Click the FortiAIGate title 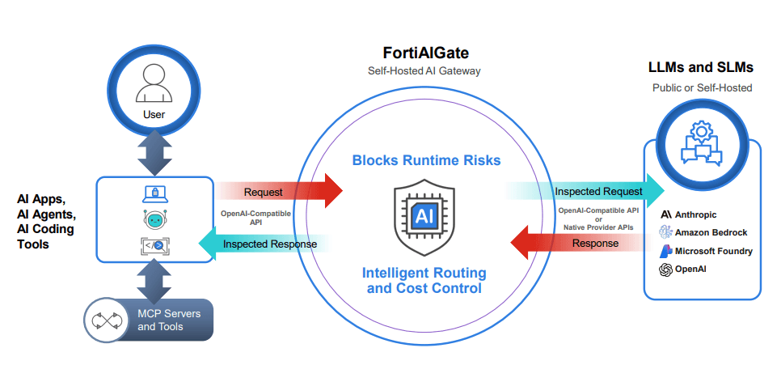coord(425,53)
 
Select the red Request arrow coord(279,190)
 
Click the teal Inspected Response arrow coord(264,244)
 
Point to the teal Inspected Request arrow coord(585,190)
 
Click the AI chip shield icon coord(424,218)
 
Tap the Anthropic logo coord(665,214)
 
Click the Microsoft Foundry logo coord(666,251)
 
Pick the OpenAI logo coord(665,270)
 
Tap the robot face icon coord(154,220)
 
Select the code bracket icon coord(154,245)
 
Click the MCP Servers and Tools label coord(169,320)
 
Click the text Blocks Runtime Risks coord(426,160)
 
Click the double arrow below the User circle coord(154,153)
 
